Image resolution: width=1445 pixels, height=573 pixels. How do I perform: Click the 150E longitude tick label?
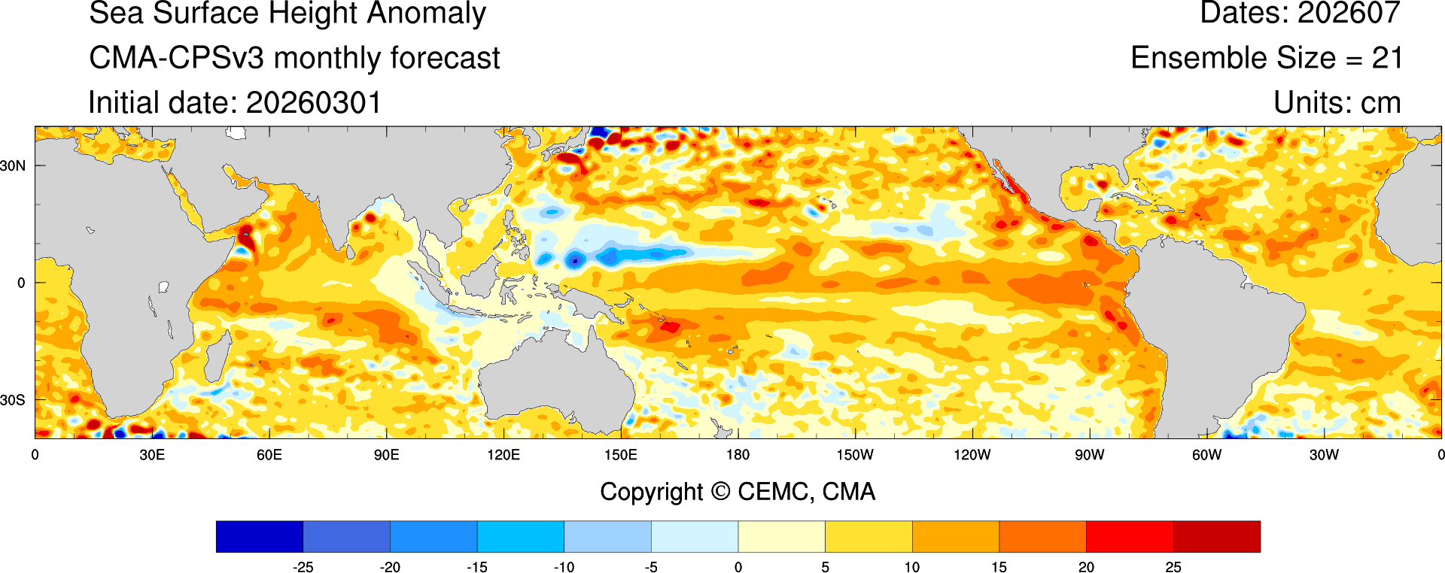(621, 455)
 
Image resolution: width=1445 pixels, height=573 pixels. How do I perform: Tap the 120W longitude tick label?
(972, 455)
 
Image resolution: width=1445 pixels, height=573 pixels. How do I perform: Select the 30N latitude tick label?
(13, 165)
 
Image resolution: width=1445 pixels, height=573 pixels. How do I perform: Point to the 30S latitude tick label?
(13, 400)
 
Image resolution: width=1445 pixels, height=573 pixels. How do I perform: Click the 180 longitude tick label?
(738, 455)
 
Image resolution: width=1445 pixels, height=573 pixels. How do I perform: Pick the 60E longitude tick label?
(269, 455)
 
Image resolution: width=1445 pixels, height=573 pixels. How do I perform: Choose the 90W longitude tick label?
(1089, 455)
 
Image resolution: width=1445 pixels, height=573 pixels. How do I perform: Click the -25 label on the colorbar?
(303, 567)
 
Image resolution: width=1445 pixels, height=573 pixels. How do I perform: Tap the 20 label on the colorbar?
(1086, 567)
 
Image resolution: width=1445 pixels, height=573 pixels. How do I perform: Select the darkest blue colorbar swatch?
(259, 537)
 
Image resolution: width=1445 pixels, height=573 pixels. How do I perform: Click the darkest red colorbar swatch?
(1216, 537)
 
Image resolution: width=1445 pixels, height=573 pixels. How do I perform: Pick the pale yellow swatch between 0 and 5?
(781, 537)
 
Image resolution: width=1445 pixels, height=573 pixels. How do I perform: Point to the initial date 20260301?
(314, 103)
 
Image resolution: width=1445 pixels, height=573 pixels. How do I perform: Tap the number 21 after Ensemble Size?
(1387, 58)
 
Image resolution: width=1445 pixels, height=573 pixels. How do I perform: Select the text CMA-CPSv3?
(176, 58)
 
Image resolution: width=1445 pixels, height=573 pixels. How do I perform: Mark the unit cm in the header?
(1380, 103)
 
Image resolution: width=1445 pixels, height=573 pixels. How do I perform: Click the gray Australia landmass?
(557, 384)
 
